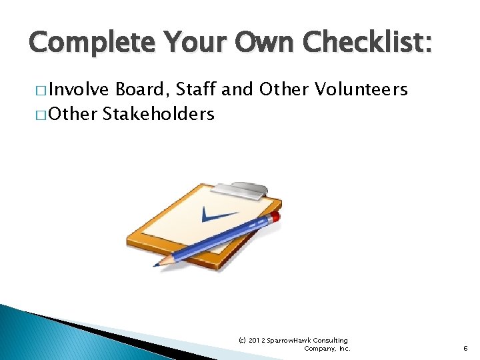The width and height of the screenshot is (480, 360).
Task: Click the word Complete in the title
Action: [89, 43]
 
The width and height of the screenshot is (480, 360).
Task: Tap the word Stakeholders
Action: [159, 114]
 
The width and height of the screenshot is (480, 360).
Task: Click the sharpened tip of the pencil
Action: [158, 264]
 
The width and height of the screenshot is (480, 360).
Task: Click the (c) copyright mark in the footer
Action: [243, 340]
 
